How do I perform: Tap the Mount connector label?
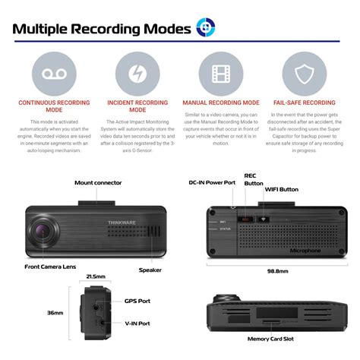(99, 183)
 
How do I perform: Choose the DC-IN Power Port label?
(213, 183)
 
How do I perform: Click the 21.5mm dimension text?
(95, 276)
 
